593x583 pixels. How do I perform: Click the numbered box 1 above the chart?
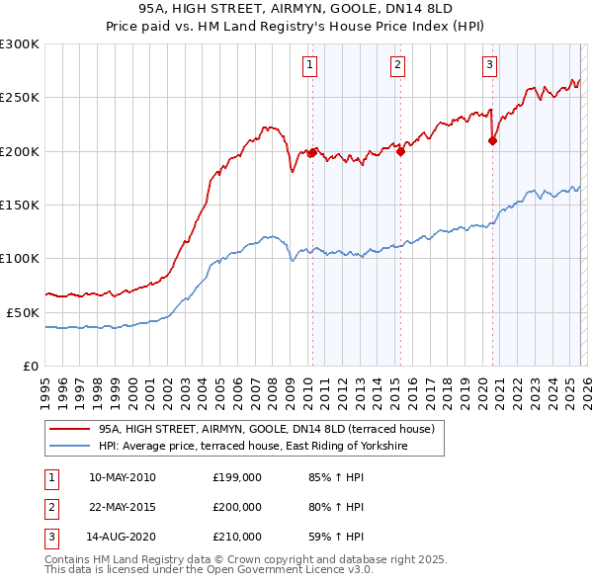point(310,65)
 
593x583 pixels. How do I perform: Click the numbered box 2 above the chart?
point(397,65)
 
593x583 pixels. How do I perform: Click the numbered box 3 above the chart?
point(489,65)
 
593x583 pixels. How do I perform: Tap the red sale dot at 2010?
point(312,152)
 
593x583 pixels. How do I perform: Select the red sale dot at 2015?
point(400,151)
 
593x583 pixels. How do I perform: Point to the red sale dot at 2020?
point(492,140)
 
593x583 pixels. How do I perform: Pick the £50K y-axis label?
point(23,312)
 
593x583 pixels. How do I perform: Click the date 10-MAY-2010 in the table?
point(122,478)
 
